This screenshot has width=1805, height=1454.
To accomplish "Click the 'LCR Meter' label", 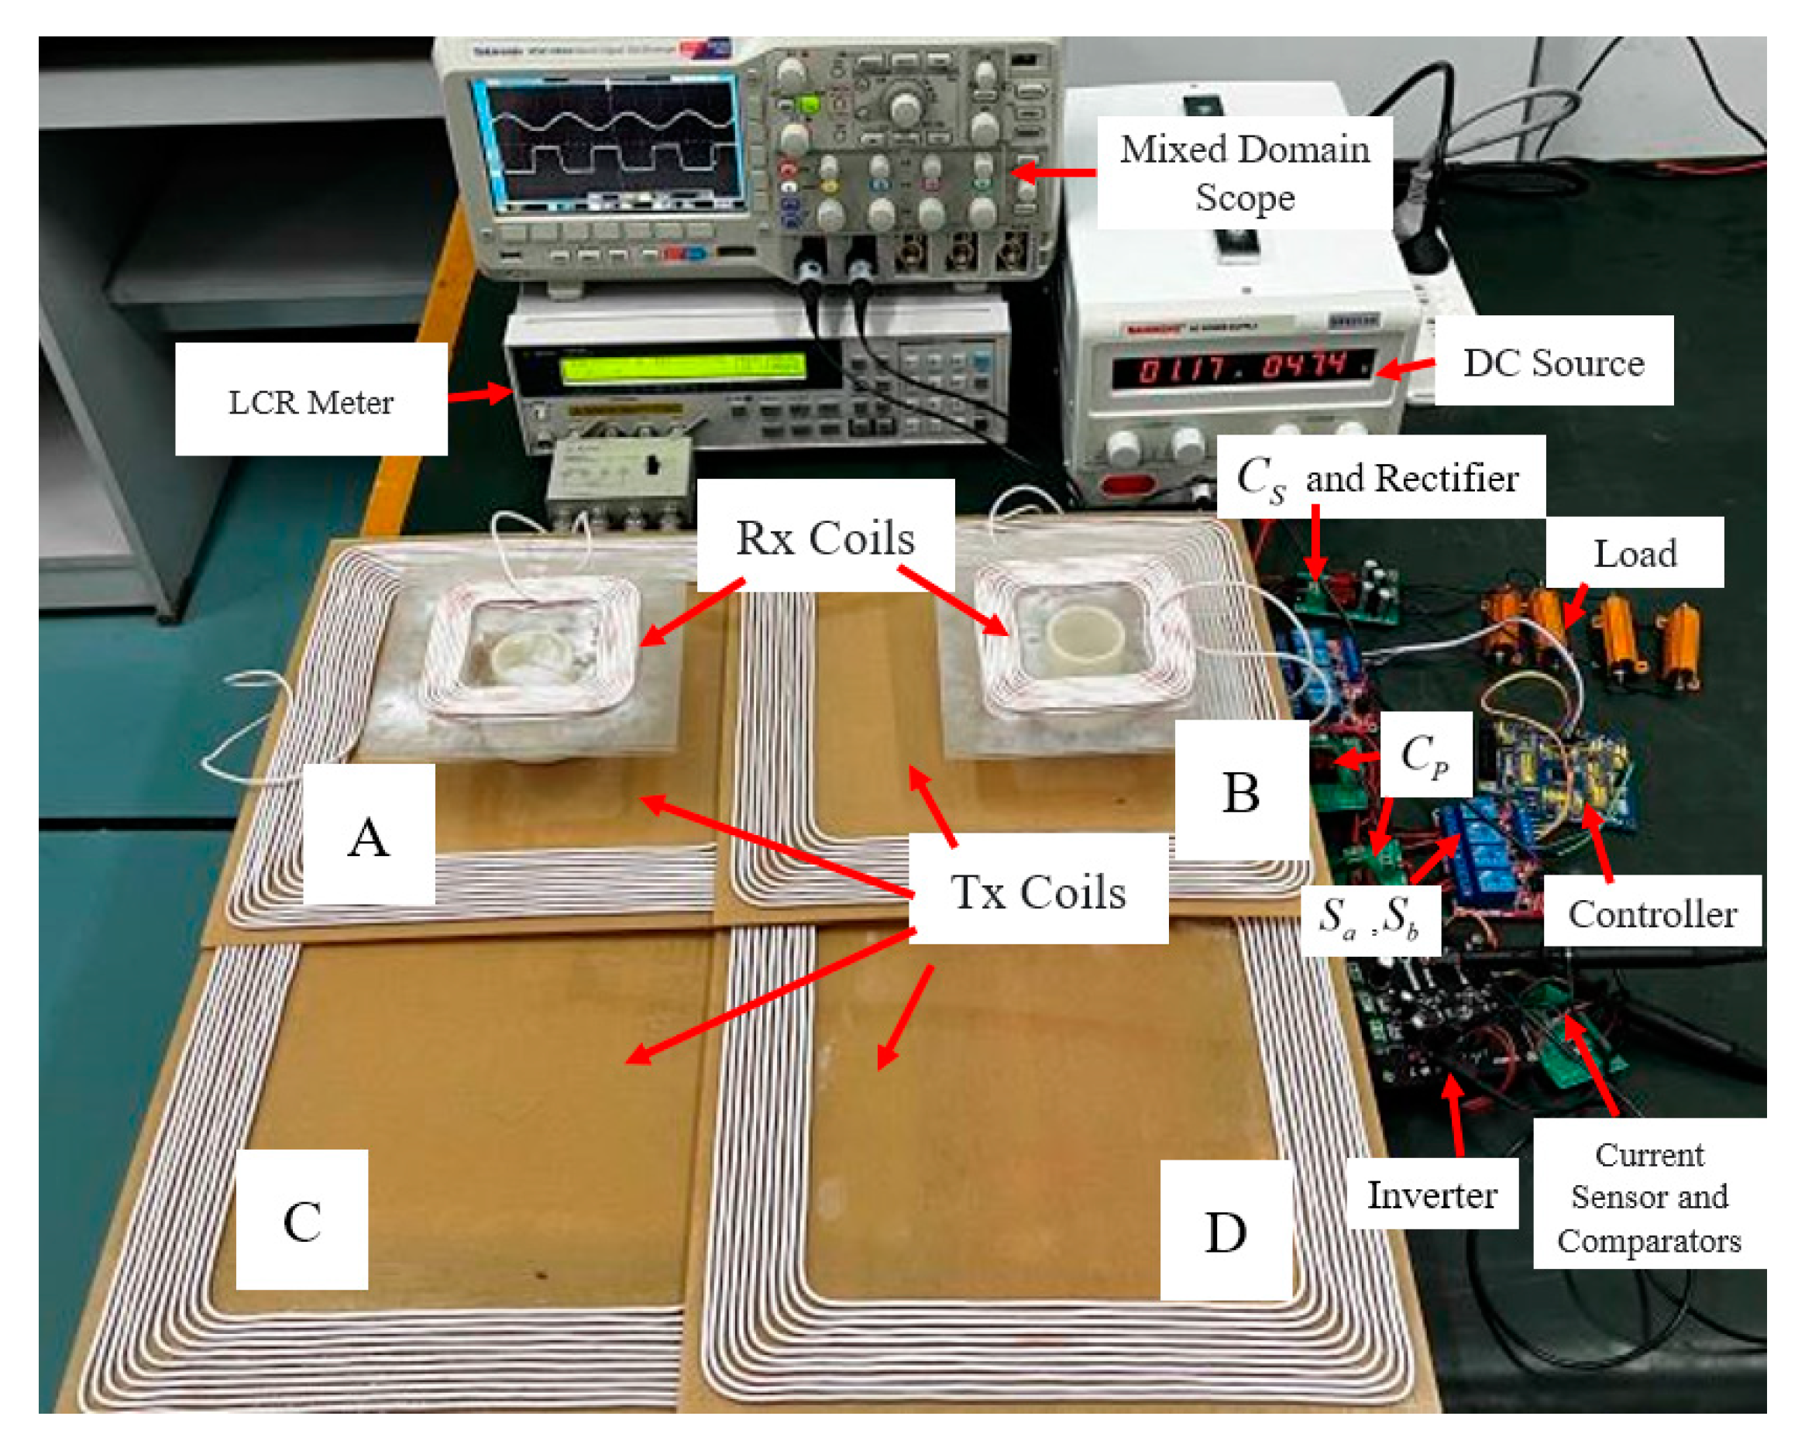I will (x=311, y=402).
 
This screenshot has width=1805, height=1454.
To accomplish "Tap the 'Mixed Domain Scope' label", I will (x=1244, y=173).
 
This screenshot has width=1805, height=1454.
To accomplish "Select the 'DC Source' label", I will (x=1553, y=363).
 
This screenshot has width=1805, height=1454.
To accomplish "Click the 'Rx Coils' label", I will (x=825, y=537).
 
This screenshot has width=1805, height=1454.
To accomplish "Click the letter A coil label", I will (x=369, y=836).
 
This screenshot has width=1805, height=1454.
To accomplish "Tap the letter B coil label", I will (x=1240, y=792).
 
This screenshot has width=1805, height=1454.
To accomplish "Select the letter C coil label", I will (x=301, y=1221).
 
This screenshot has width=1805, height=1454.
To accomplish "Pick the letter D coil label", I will (x=1226, y=1231).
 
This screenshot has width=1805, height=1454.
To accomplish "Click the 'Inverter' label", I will (x=1432, y=1194).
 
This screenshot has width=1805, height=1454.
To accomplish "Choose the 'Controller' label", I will (x=1652, y=913).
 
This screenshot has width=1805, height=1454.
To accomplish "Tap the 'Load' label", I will (x=1634, y=553).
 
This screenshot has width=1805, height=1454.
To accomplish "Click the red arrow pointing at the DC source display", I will (x=1404, y=367).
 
